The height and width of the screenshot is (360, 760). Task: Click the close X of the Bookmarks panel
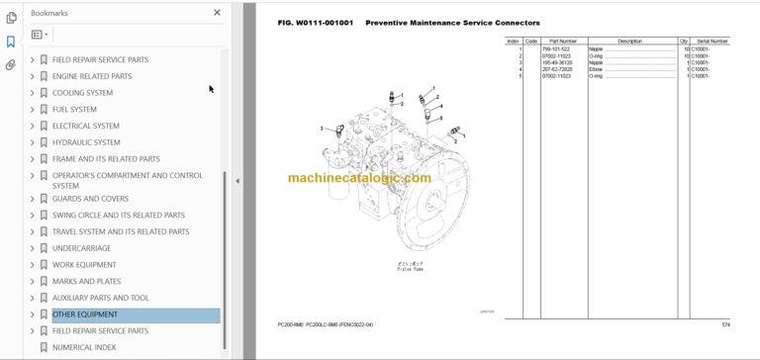(x=218, y=13)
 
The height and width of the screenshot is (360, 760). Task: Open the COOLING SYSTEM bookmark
(x=82, y=93)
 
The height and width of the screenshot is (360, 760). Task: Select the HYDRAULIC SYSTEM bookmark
(x=86, y=142)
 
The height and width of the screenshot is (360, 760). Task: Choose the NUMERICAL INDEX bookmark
(x=84, y=347)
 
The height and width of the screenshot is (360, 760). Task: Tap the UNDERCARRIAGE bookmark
(x=88, y=248)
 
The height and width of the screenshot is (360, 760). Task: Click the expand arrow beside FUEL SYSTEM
(x=33, y=110)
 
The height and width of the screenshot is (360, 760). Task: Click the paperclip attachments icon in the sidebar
(x=11, y=65)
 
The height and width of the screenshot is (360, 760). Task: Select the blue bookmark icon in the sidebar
(x=11, y=42)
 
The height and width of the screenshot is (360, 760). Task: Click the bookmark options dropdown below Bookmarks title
(x=40, y=35)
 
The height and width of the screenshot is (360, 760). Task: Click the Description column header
(x=629, y=42)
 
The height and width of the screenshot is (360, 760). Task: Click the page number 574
(x=725, y=324)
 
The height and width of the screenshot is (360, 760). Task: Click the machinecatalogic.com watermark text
(x=359, y=178)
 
